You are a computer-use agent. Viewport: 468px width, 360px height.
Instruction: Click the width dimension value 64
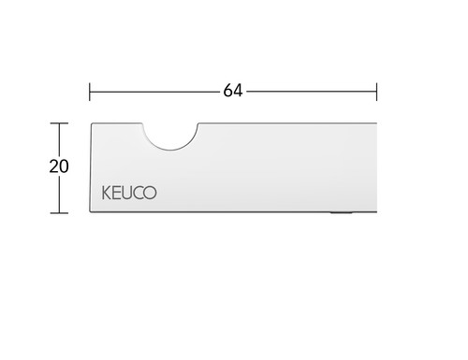tap(233, 91)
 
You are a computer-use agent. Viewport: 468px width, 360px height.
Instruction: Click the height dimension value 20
tap(59, 166)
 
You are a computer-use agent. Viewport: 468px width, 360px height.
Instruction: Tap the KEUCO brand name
tap(129, 193)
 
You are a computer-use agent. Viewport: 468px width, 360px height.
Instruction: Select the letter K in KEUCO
tap(107, 193)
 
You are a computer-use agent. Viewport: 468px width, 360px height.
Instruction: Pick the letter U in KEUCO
tap(128, 193)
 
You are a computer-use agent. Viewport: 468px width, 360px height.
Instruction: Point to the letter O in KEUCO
tap(150, 193)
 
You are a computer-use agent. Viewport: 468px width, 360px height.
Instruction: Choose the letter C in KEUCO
tap(139, 193)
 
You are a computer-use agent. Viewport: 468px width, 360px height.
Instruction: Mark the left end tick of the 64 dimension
tap(90, 92)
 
